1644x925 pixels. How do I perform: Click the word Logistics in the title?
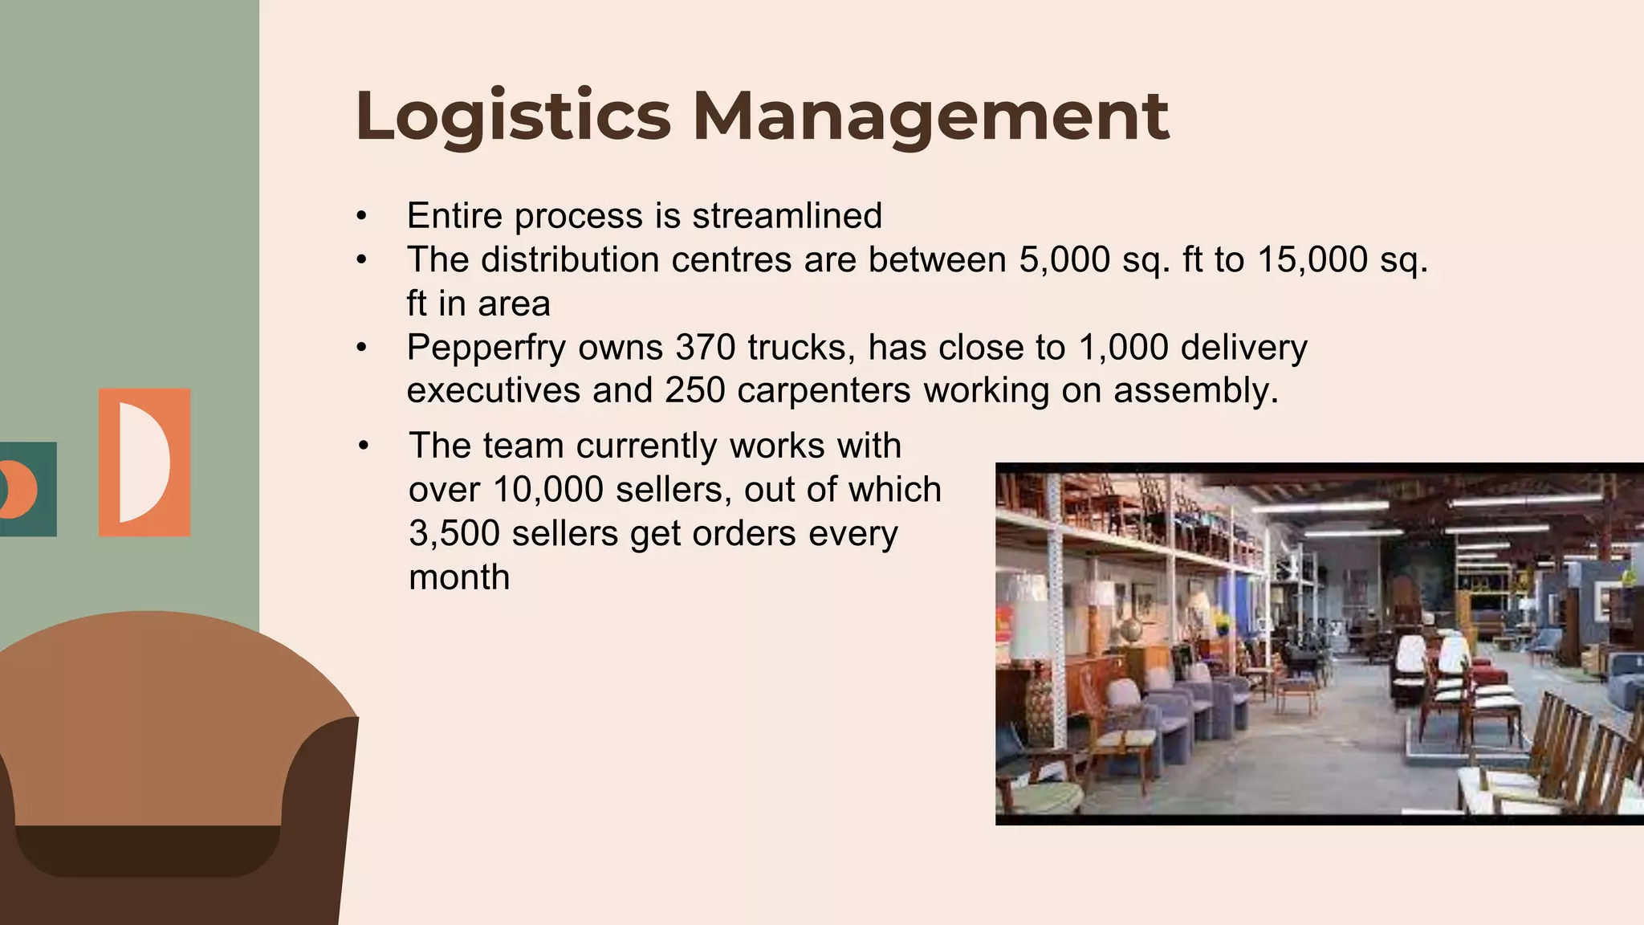(x=512, y=116)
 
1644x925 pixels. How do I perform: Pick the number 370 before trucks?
(x=705, y=347)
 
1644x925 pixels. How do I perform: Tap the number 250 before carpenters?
(x=694, y=390)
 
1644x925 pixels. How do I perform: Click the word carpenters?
(x=824, y=391)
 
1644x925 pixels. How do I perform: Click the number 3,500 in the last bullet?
(x=454, y=533)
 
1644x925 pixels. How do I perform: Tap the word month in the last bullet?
(x=459, y=577)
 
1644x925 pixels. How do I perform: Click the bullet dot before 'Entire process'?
(x=362, y=216)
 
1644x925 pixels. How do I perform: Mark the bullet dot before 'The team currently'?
(x=364, y=446)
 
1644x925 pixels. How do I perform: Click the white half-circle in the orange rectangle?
(x=143, y=462)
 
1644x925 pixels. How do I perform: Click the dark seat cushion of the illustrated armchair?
(x=147, y=850)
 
